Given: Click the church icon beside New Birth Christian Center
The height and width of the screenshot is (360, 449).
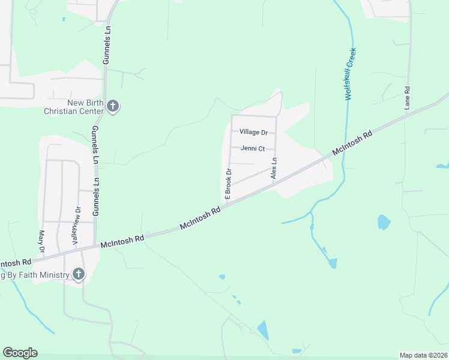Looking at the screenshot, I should point(112,107).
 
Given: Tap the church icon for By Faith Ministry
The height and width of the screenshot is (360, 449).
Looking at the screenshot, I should point(78,275).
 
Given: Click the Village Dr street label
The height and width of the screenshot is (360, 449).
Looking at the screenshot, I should point(253,132).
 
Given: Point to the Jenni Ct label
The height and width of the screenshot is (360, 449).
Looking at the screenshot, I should point(253,148).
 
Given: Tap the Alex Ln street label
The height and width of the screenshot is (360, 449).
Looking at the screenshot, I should point(274,168).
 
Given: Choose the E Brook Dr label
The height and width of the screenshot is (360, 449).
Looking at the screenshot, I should point(228,184).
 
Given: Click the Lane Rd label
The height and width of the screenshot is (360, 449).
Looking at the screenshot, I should point(407,97).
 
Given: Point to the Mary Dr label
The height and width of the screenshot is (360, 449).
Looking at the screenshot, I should point(41,241).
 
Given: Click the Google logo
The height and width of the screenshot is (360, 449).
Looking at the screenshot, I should point(20,353).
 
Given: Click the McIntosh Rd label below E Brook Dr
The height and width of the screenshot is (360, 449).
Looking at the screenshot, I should point(200,218).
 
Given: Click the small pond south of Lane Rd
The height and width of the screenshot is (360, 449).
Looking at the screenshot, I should point(383,223).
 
